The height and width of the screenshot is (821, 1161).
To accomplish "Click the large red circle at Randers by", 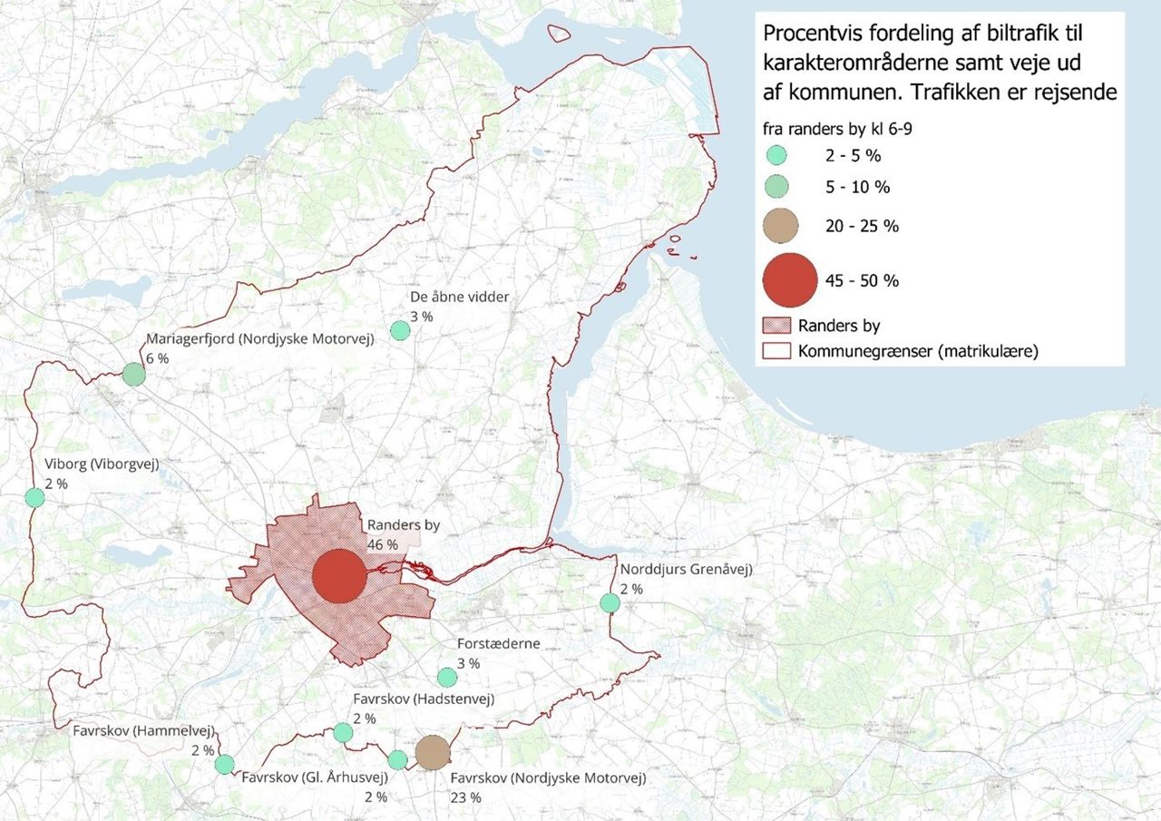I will click(339, 576).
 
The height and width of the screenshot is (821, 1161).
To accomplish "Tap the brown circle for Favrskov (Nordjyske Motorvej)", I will click(434, 751).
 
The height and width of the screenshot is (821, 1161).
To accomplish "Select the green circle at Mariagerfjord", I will click(133, 374).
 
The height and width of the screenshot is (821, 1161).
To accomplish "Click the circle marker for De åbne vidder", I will click(400, 330).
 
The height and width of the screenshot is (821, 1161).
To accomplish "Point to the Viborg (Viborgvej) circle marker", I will click(34, 497).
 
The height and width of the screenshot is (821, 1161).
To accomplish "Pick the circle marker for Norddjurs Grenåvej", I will click(610, 602).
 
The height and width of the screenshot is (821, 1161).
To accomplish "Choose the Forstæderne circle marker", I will click(447, 677).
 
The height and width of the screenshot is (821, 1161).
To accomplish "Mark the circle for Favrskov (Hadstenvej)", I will click(343, 732).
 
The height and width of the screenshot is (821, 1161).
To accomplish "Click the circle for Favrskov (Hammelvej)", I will click(224, 764).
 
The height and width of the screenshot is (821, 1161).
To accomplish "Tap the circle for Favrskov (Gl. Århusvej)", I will click(397, 759).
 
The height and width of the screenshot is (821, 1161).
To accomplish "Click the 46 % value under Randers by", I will click(382, 544).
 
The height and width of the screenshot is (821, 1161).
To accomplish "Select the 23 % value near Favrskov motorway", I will click(465, 797).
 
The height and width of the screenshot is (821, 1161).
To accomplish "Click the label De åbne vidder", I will click(460, 297).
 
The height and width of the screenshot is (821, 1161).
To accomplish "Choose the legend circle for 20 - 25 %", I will click(781, 225).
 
